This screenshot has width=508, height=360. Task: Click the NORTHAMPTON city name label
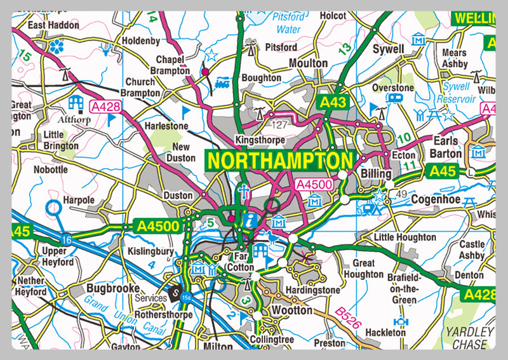pos(279,161)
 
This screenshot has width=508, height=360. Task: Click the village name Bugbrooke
pos(112,289)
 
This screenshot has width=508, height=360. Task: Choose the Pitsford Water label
pos(288,23)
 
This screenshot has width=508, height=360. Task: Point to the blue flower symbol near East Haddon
pos(57,45)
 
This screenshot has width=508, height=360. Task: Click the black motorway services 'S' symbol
pos(176,294)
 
